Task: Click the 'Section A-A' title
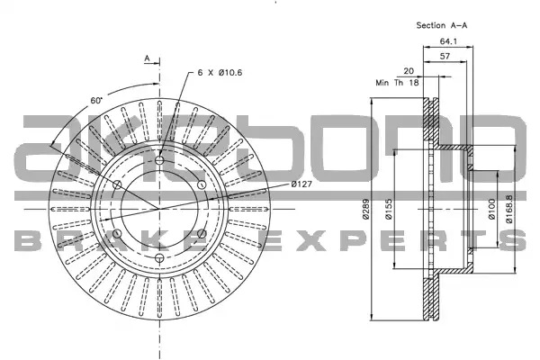click(442, 25)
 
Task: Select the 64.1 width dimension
click(448, 41)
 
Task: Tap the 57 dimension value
click(445, 56)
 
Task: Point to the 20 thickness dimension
click(409, 71)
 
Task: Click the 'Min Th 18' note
click(397, 83)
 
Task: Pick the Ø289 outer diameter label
click(365, 209)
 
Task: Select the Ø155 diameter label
click(389, 209)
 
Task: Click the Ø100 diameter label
click(491, 209)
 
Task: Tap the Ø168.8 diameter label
click(509, 209)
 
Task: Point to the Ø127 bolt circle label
click(301, 184)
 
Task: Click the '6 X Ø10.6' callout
click(220, 73)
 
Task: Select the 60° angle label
click(96, 101)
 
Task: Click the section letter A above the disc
click(147, 58)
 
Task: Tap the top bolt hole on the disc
click(159, 160)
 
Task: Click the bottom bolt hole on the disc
click(159, 257)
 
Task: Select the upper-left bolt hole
click(117, 184)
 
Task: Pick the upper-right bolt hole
click(202, 184)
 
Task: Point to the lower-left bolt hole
click(117, 234)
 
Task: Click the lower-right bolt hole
click(202, 234)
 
